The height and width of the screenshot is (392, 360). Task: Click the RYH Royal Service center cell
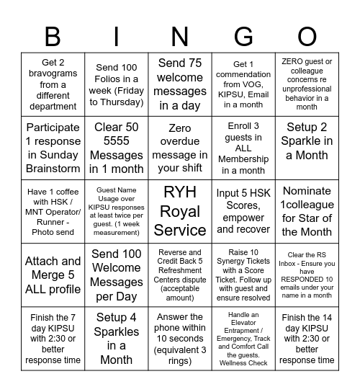180,211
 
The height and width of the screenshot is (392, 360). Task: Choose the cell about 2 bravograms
53,84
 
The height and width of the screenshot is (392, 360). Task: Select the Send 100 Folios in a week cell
117,84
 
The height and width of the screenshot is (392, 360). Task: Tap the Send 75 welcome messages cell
180,84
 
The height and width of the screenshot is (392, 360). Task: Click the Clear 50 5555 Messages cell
117,148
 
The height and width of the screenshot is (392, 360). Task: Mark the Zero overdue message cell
180,148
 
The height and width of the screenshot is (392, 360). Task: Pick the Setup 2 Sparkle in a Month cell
307,148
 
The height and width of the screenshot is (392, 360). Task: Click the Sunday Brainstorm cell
53,148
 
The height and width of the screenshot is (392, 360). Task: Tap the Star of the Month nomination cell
307,211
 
